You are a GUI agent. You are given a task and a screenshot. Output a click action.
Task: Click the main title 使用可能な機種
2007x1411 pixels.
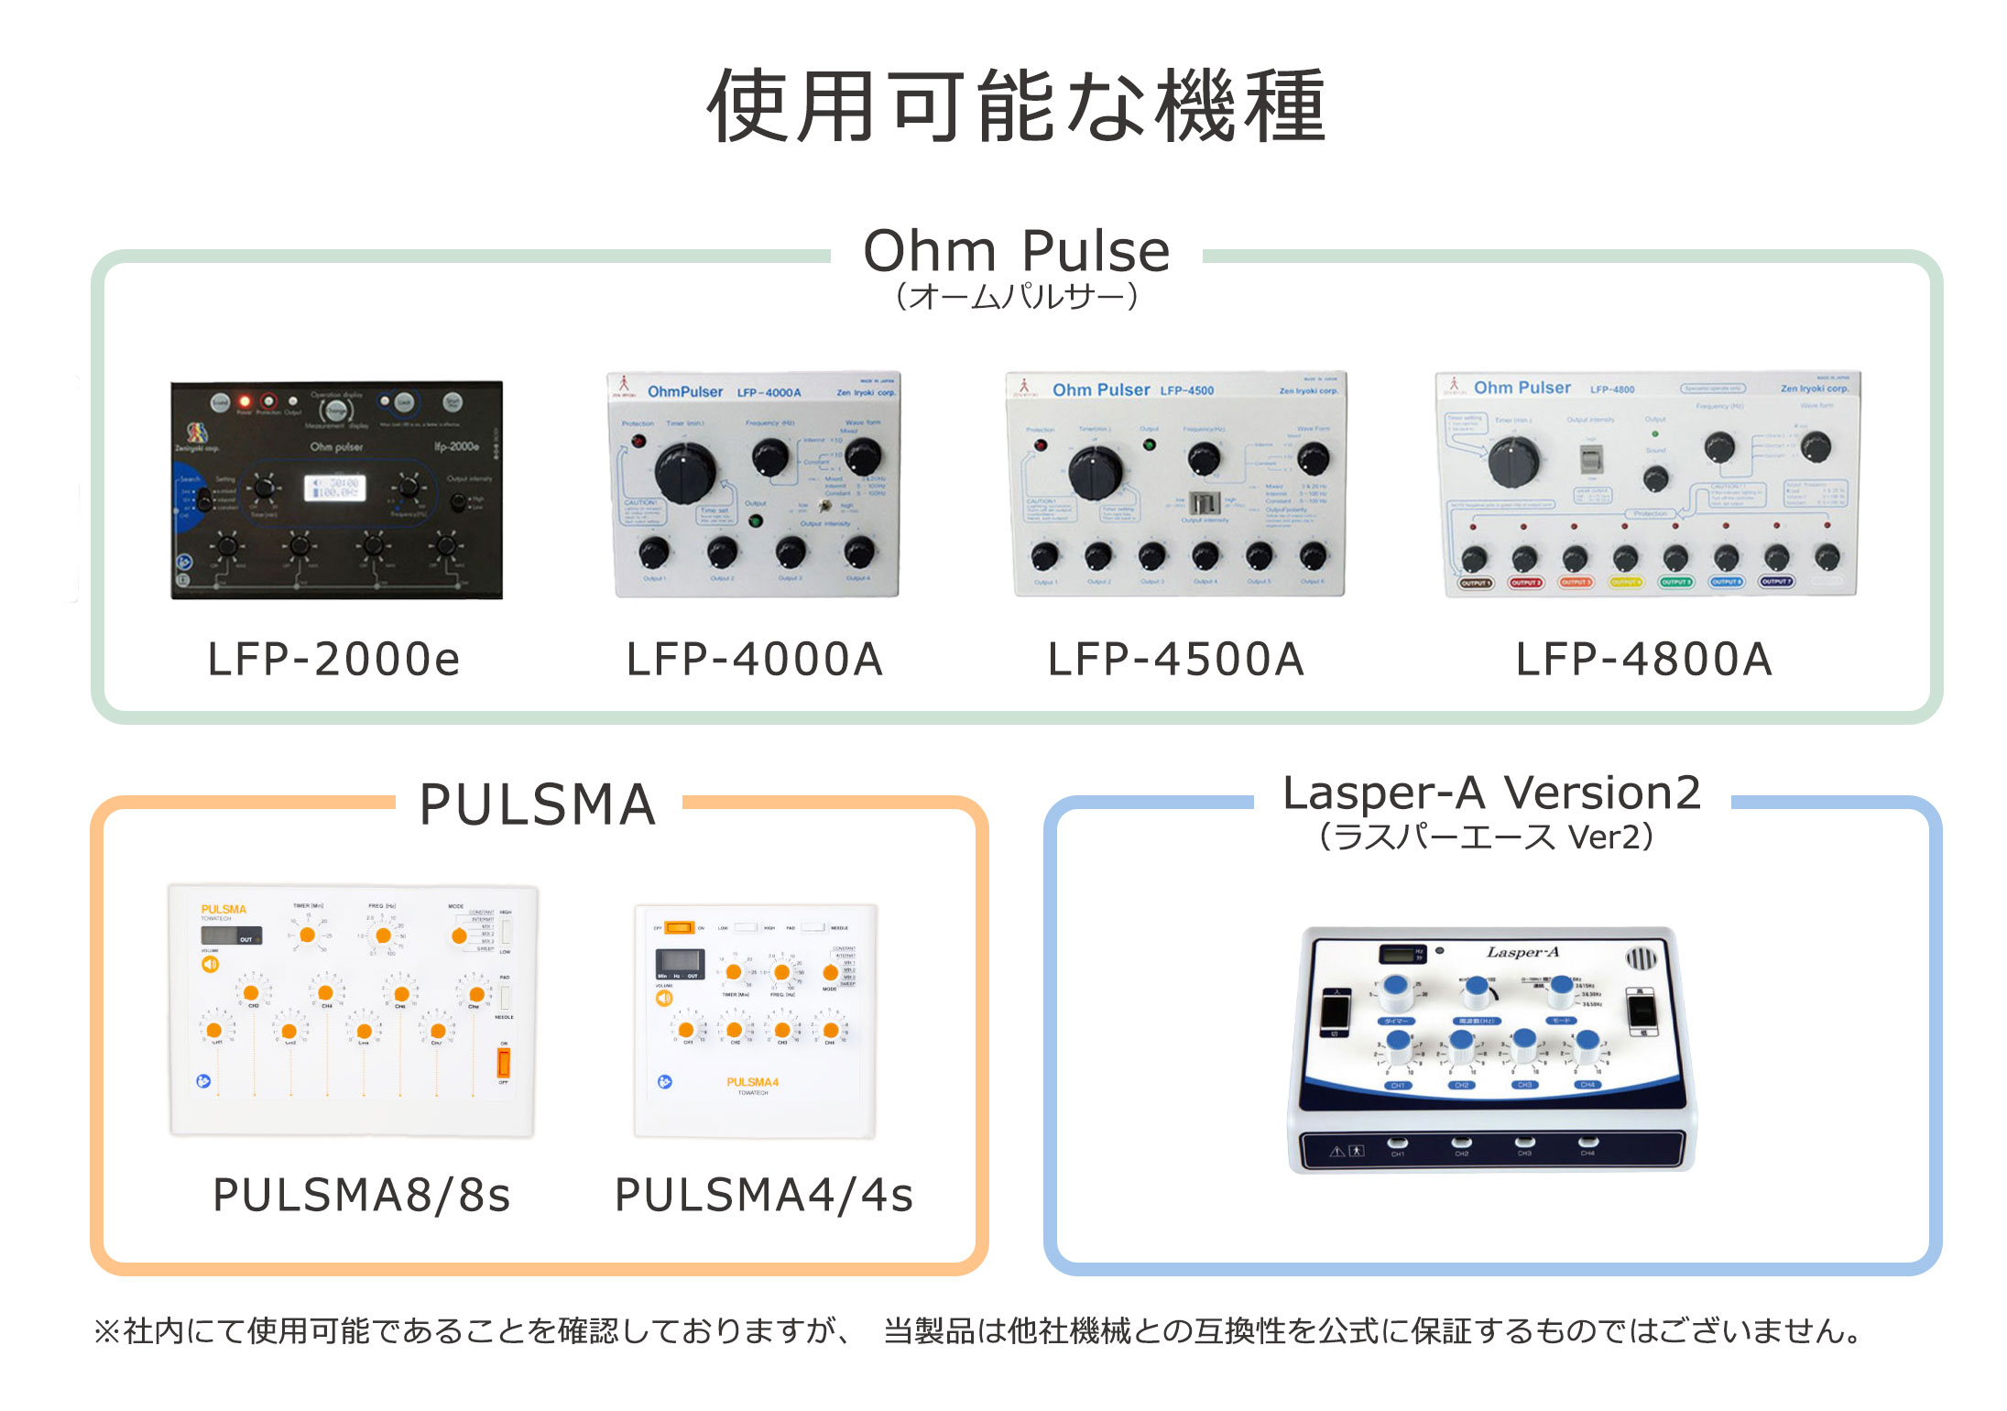click(1015, 106)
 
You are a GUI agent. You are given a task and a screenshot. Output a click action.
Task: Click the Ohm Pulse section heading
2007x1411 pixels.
click(1016, 251)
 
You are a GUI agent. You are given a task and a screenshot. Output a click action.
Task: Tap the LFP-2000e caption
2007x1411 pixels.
click(333, 660)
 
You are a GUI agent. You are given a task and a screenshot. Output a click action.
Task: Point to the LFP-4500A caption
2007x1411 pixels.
click(1176, 660)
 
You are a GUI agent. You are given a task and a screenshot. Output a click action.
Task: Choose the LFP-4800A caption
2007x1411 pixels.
click(1644, 660)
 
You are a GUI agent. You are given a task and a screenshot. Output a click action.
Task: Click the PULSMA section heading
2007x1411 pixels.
click(538, 805)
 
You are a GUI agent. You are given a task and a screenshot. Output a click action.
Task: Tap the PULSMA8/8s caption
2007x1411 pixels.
click(361, 1195)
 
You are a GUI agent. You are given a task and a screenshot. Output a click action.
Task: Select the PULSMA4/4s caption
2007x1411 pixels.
click(764, 1195)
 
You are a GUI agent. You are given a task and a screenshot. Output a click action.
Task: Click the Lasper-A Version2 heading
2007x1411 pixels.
click(1491, 793)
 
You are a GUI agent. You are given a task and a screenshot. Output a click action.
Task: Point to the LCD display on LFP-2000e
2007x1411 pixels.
click(334, 487)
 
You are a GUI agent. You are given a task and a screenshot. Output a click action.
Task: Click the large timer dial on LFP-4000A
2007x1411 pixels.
click(684, 472)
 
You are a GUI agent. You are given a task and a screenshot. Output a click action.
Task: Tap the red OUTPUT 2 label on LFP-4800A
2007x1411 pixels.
click(1525, 583)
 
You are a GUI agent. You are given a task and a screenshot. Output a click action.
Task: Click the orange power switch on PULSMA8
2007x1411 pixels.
click(503, 1063)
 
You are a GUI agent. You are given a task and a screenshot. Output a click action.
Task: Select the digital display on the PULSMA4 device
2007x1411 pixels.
click(680, 961)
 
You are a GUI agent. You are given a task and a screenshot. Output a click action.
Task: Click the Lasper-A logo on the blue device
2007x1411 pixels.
click(1522, 953)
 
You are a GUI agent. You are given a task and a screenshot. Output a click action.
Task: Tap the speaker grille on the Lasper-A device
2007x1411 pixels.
click(1641, 959)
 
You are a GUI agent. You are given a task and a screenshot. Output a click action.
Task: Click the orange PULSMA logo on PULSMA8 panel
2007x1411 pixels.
click(224, 910)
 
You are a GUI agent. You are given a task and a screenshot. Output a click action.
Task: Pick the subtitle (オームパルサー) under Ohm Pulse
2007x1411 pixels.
click(1016, 297)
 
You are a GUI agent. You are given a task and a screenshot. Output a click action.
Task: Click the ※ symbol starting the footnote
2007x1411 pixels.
click(106, 1331)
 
